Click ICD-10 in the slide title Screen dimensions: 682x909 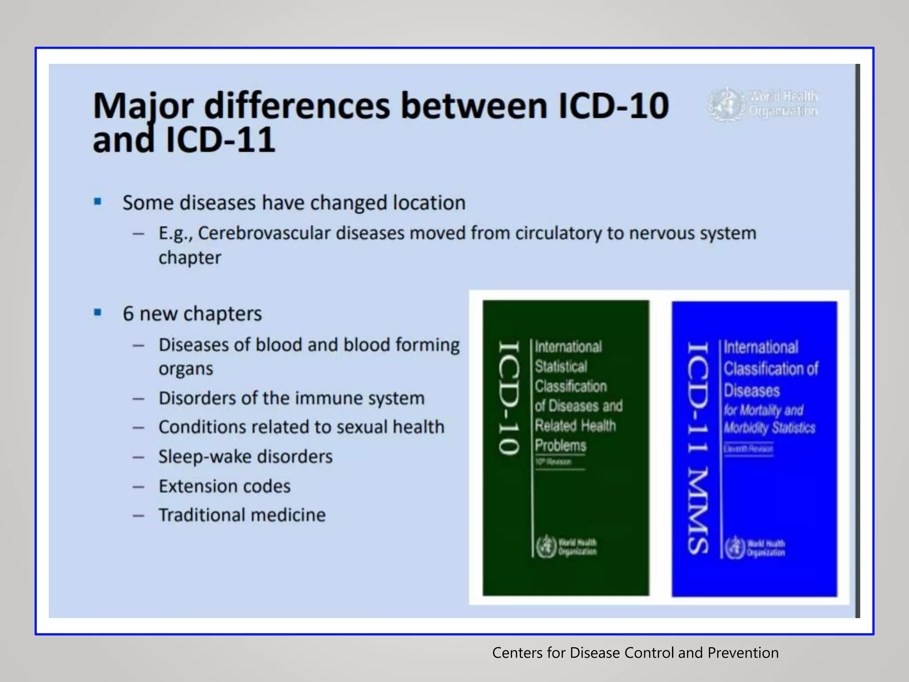click(613, 106)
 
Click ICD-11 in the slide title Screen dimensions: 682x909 click(221, 140)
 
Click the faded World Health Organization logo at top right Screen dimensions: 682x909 click(763, 104)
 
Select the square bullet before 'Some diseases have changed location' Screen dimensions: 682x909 click(98, 202)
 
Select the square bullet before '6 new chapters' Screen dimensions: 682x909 click(98, 313)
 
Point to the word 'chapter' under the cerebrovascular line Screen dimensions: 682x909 click(190, 258)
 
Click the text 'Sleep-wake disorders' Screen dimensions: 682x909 click(245, 456)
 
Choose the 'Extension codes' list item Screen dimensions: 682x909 click(225, 486)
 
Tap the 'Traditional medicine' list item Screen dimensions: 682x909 click(242, 515)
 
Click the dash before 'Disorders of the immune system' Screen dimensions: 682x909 click(138, 399)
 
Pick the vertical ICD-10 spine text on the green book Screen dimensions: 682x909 click(508, 398)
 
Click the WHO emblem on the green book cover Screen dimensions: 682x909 click(546, 547)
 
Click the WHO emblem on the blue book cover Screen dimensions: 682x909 click(735, 547)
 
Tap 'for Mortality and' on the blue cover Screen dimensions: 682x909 click(763, 410)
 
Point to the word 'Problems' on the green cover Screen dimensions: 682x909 click(560, 445)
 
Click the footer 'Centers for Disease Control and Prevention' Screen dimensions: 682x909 click(635, 653)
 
